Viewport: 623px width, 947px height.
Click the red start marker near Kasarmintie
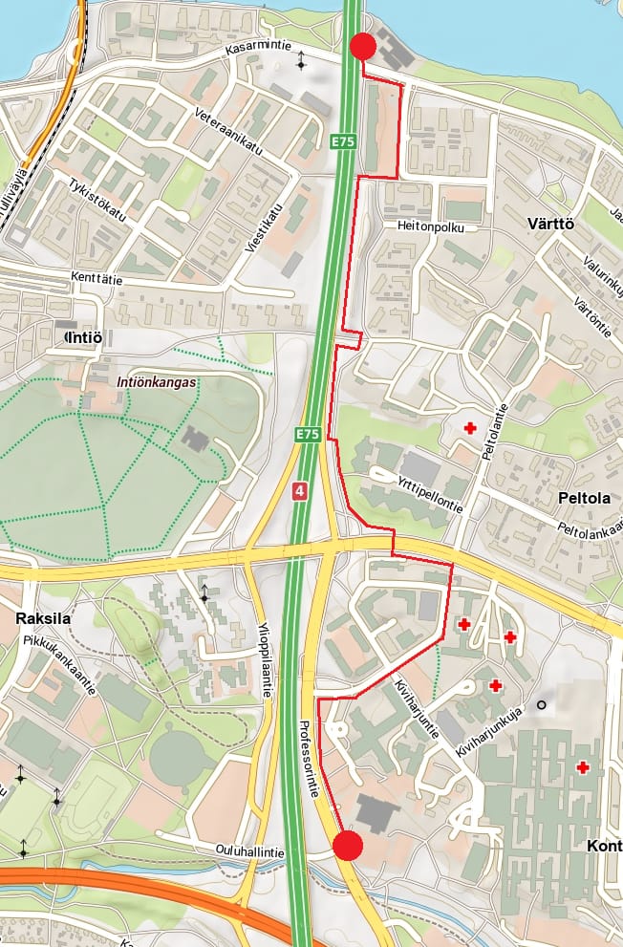tap(362, 46)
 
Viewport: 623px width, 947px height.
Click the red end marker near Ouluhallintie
tap(348, 846)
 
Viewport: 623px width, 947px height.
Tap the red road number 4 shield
tap(301, 491)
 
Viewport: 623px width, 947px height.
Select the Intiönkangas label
tap(157, 381)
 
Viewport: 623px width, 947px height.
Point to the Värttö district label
tap(550, 224)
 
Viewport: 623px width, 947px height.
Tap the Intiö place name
tap(82, 337)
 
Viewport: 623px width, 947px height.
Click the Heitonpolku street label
tap(431, 227)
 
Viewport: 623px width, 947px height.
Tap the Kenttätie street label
tap(97, 279)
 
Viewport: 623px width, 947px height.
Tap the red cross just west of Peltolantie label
tap(469, 428)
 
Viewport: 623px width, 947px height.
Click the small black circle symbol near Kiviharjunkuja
tap(542, 705)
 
